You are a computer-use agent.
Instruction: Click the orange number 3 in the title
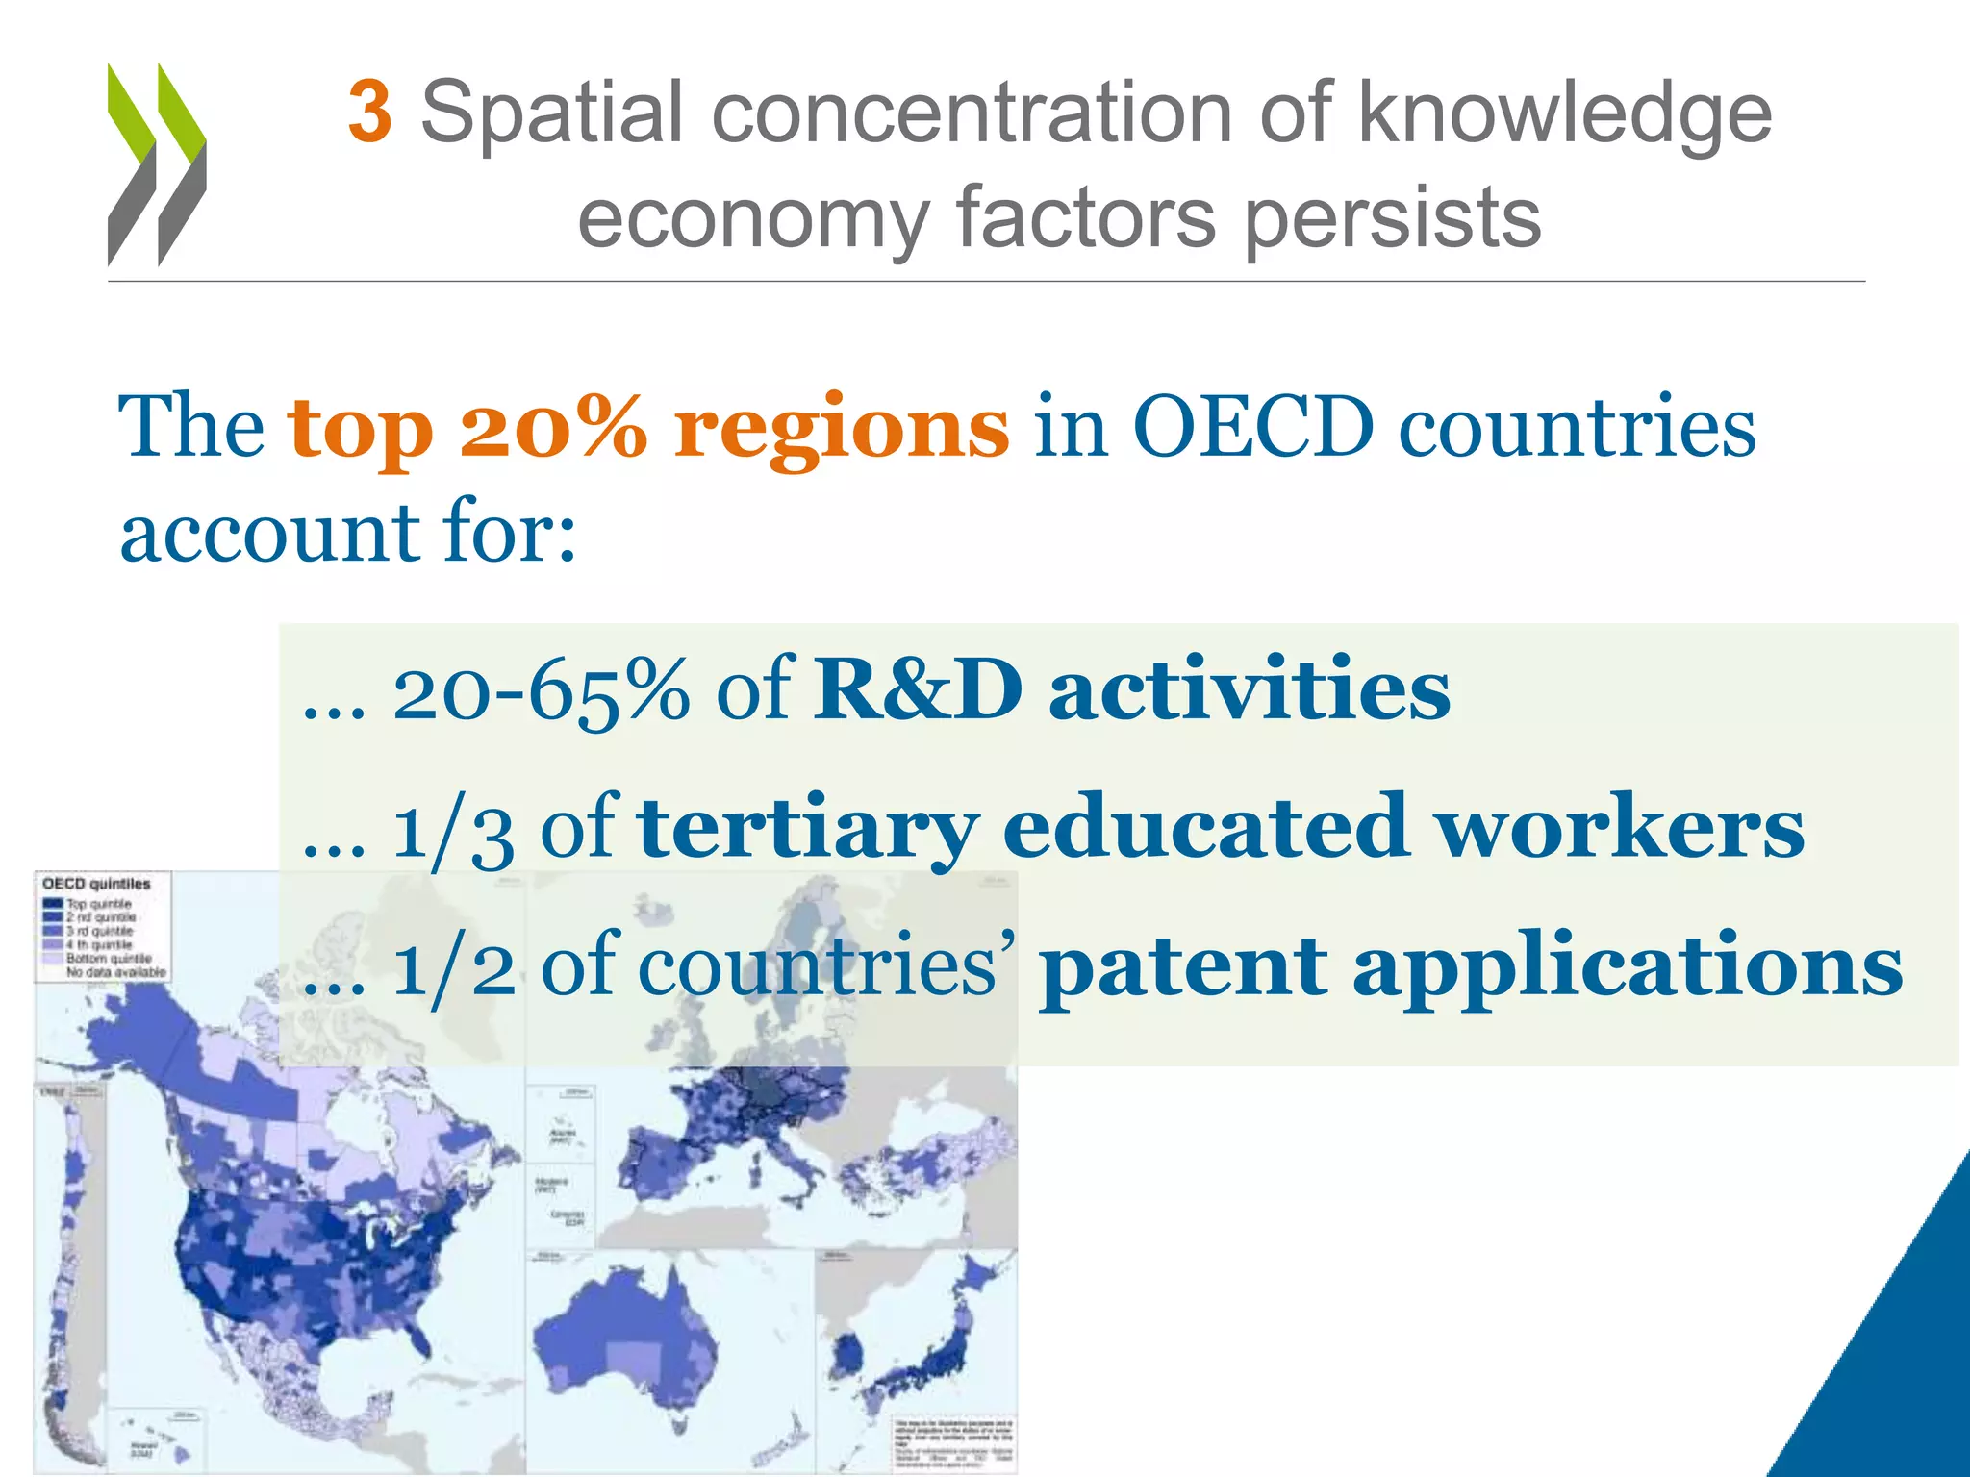coord(369,113)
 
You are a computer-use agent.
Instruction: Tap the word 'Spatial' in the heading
coord(551,113)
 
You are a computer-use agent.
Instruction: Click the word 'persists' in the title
coord(1393,219)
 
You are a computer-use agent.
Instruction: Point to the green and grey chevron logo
coord(156,164)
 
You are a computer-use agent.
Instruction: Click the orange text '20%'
coord(554,428)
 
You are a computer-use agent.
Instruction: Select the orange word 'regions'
coord(841,430)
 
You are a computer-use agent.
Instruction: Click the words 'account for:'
coord(347,534)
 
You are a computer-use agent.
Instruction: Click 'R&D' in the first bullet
coord(919,689)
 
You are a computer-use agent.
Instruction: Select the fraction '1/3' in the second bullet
coord(453,830)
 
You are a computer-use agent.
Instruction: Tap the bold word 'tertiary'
coord(808,828)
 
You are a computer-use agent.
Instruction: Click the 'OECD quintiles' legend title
coord(96,884)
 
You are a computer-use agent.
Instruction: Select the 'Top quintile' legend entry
coord(96,904)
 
